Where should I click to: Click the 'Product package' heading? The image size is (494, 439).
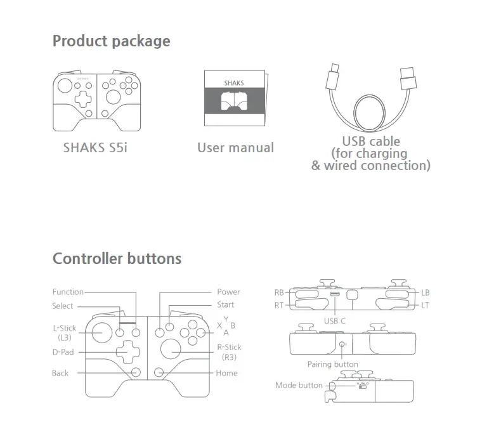point(111,41)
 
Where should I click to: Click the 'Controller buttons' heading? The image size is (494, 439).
point(117,259)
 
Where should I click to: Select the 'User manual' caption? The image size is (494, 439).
point(235,148)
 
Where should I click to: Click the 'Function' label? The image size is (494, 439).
point(68,292)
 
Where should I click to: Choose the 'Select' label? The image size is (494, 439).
point(63,306)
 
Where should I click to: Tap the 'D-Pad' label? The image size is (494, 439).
point(64,351)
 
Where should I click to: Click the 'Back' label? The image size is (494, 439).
point(60,373)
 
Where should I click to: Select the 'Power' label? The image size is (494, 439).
point(228,292)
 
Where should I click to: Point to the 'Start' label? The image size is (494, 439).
point(225,305)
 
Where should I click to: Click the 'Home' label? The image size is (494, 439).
point(226,373)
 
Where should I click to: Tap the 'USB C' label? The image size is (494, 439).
point(334,321)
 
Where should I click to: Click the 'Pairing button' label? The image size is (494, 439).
point(332,365)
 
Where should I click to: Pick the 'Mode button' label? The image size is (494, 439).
point(299,385)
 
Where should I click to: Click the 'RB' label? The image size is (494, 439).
point(279,293)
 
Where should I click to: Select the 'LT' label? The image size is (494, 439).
point(426,305)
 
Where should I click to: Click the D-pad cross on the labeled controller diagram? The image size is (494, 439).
point(126,351)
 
